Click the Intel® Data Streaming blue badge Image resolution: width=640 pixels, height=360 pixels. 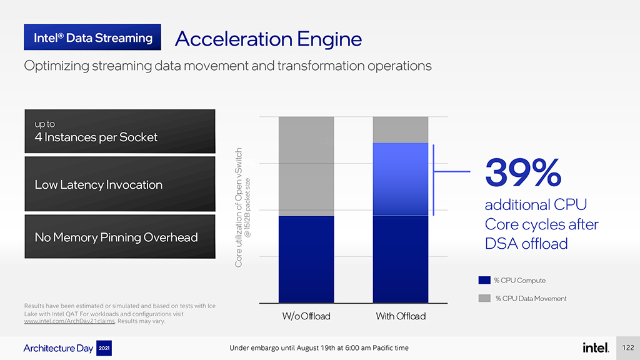(x=92, y=37)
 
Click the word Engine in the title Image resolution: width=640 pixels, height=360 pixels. (x=329, y=40)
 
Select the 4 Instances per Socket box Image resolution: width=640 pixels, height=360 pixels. (x=120, y=131)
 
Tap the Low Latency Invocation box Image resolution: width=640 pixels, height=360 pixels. (x=120, y=184)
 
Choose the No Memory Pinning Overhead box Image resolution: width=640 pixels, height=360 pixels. (x=120, y=237)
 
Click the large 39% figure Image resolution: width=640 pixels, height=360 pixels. (x=523, y=172)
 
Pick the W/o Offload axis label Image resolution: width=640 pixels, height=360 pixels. (x=306, y=316)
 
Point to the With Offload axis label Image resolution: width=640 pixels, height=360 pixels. (x=401, y=316)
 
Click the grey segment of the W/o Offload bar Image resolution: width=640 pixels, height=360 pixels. (x=306, y=166)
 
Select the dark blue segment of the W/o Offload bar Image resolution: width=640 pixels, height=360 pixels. (x=306, y=259)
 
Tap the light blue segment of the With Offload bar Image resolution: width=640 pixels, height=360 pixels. (x=401, y=179)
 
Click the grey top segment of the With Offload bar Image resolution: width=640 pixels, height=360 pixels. (x=401, y=130)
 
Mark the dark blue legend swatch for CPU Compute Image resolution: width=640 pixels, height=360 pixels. (x=484, y=280)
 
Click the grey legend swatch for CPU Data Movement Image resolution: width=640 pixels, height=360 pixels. (x=484, y=298)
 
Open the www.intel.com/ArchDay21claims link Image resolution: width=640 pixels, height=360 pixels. (x=69, y=321)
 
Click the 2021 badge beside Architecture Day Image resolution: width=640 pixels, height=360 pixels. (x=104, y=348)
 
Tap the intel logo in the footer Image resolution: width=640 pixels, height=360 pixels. (x=596, y=347)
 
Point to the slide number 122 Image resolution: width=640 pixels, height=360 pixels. (x=627, y=347)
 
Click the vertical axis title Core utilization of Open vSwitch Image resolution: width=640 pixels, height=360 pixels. (x=239, y=207)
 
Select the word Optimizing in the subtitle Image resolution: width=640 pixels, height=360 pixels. (x=56, y=66)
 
